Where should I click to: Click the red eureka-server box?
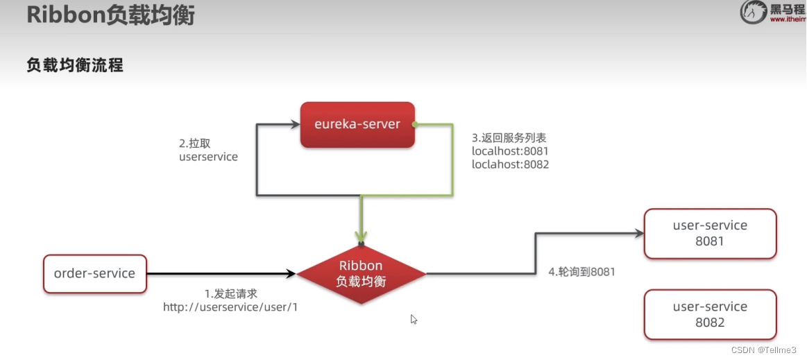click(x=357, y=125)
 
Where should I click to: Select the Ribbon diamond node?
click(x=361, y=274)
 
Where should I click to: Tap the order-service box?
click(x=94, y=273)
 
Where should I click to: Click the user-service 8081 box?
click(x=710, y=234)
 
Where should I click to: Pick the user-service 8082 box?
click(x=710, y=314)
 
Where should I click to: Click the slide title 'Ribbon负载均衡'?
click(x=110, y=15)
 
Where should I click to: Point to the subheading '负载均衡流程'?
click(x=75, y=66)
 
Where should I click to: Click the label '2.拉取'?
click(x=194, y=143)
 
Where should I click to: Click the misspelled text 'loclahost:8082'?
click(x=510, y=164)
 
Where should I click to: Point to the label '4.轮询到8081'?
click(x=581, y=272)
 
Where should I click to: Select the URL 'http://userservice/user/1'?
click(x=230, y=307)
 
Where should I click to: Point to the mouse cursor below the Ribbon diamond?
click(x=414, y=319)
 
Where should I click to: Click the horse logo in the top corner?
click(x=754, y=12)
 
